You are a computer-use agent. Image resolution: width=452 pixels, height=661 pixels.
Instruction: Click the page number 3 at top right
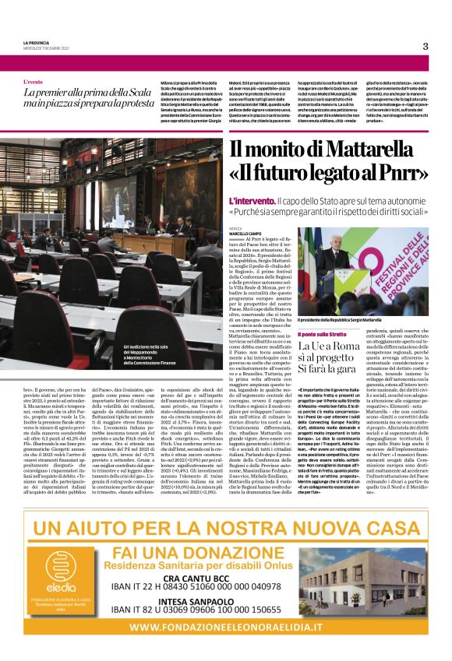(426, 46)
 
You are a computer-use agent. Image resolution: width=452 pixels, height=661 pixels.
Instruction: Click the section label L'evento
(34, 81)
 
